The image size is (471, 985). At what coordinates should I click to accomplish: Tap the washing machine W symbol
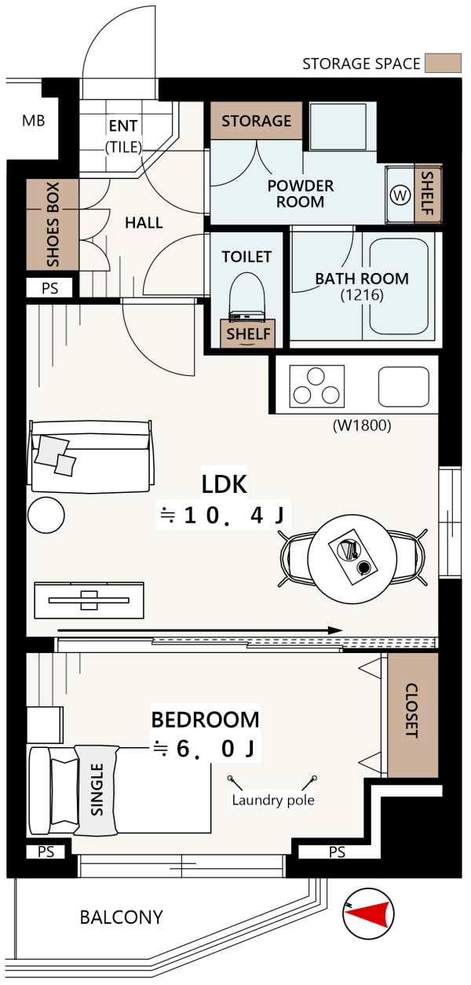[x=400, y=195]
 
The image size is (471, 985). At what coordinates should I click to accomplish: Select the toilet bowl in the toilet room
[x=247, y=294]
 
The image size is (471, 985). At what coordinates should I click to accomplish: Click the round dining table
[x=352, y=560]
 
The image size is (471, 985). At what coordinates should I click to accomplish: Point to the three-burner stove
[x=316, y=386]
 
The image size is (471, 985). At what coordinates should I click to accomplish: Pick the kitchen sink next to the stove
[x=403, y=387]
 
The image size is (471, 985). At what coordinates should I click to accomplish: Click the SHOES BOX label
[x=53, y=224]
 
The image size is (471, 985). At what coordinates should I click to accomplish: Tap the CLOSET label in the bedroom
[x=411, y=710]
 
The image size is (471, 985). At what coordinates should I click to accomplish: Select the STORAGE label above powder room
[x=257, y=121]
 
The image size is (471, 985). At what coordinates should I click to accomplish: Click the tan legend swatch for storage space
[x=443, y=63]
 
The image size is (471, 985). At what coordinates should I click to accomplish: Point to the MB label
[x=34, y=121]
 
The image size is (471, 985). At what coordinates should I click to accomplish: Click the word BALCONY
[x=122, y=918]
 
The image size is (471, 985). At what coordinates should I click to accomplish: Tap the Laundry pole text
[x=273, y=800]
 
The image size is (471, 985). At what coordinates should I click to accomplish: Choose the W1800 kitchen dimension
[x=362, y=425]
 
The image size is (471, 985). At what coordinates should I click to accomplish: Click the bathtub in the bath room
[x=399, y=286]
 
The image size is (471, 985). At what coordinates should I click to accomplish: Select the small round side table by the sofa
[x=46, y=515]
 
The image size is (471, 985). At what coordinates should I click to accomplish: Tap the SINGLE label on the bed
[x=97, y=790]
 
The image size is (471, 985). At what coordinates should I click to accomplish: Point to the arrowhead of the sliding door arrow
[x=336, y=630]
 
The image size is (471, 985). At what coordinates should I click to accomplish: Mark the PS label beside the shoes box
[x=49, y=288]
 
